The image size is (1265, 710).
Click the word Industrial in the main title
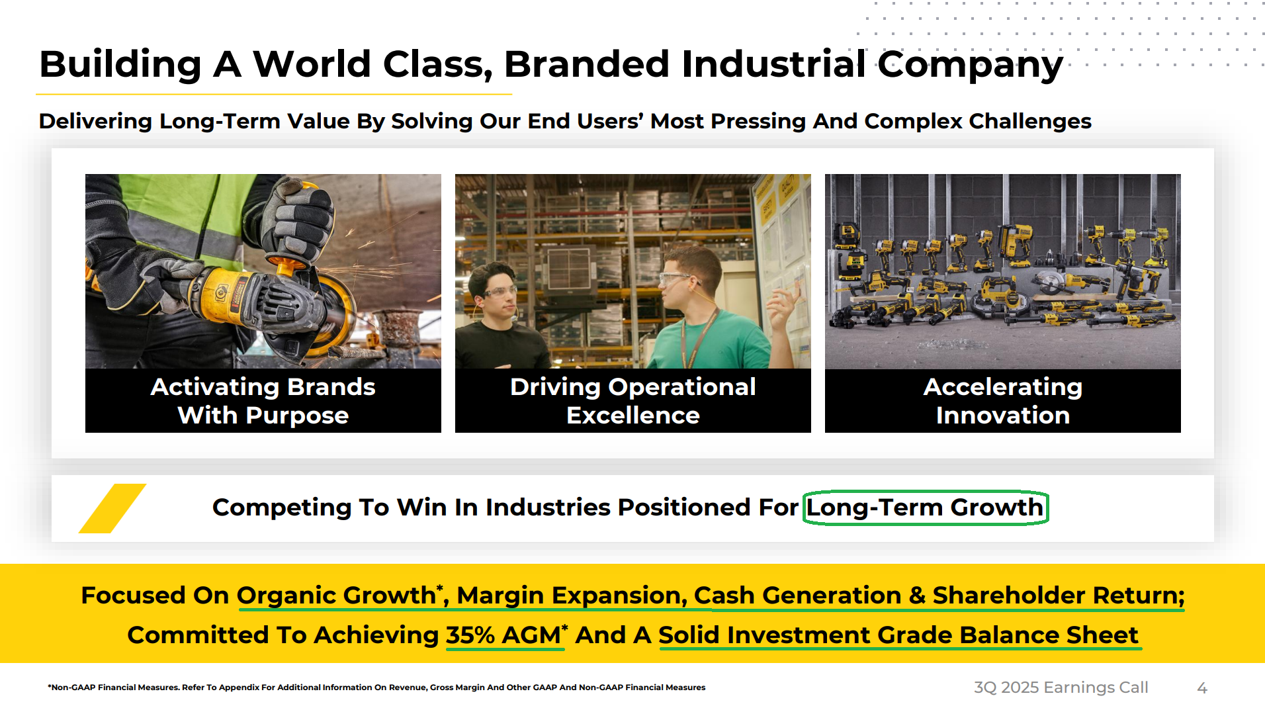[773, 64]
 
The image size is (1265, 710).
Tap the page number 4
[1202, 688]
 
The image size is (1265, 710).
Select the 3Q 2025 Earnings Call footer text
[1061, 688]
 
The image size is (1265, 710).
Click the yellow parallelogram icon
[112, 508]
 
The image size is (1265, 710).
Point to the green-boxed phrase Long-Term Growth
[925, 508]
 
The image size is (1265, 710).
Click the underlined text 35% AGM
[503, 635]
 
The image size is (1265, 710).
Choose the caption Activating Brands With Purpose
[263, 401]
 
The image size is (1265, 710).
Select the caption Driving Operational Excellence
[633, 401]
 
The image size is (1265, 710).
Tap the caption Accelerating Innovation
[1003, 401]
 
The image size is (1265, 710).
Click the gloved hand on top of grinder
[302, 218]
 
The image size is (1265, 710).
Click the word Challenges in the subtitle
[1030, 122]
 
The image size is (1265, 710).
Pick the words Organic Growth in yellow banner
[336, 596]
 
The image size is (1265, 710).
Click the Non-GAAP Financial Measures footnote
[376, 688]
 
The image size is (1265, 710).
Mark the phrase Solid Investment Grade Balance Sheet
[898, 635]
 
